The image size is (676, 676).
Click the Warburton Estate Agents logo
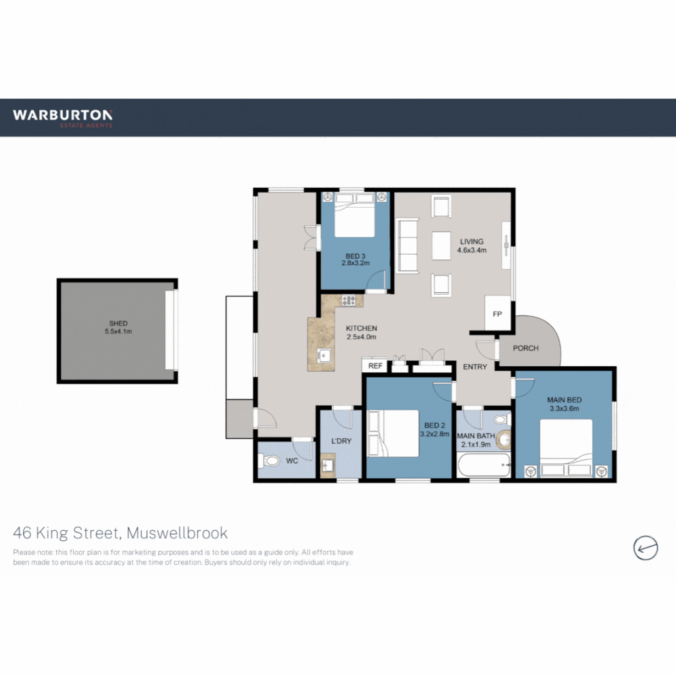pyautogui.click(x=63, y=117)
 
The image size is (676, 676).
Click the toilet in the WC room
pyautogui.click(x=271, y=462)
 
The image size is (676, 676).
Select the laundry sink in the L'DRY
pyautogui.click(x=328, y=466)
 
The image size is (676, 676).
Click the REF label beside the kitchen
pyautogui.click(x=375, y=366)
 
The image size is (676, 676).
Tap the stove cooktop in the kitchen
pyautogui.click(x=348, y=301)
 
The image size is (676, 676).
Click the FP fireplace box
pyautogui.click(x=498, y=314)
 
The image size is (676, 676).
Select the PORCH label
pyautogui.click(x=526, y=348)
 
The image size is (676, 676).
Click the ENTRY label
pyautogui.click(x=474, y=367)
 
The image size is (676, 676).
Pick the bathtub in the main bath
pyautogui.click(x=483, y=466)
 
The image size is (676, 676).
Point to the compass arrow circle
pyautogui.click(x=645, y=548)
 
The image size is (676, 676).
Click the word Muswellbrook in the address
pyautogui.click(x=177, y=533)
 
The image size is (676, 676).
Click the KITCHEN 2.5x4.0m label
pyautogui.click(x=361, y=332)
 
